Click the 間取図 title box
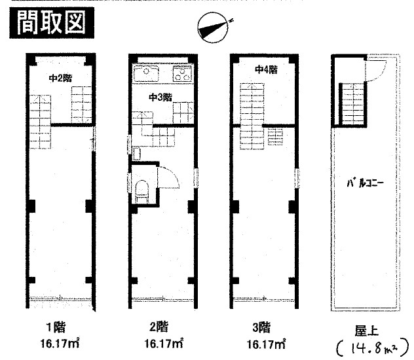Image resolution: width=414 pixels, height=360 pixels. point(52,23)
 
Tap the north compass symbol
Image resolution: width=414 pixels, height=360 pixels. point(214,27)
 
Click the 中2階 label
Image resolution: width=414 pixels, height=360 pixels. point(60,79)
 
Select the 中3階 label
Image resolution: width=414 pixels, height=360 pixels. point(160,98)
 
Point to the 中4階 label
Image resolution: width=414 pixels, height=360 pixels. point(266,69)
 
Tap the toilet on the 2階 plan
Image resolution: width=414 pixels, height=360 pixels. point(141,191)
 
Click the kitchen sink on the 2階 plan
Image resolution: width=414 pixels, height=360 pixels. point(146,73)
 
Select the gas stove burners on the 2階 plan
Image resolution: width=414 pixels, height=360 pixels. point(182,73)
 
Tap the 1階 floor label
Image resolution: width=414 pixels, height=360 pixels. point(56,327)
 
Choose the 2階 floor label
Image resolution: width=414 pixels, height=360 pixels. point(159,327)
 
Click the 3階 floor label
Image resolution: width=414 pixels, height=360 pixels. point(261,327)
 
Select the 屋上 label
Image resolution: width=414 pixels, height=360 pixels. point(366,331)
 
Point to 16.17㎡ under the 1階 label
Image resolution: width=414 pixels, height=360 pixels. point(60,344)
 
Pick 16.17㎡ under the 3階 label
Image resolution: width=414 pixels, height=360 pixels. point(266,344)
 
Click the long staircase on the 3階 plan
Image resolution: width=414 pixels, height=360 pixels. point(252,117)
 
